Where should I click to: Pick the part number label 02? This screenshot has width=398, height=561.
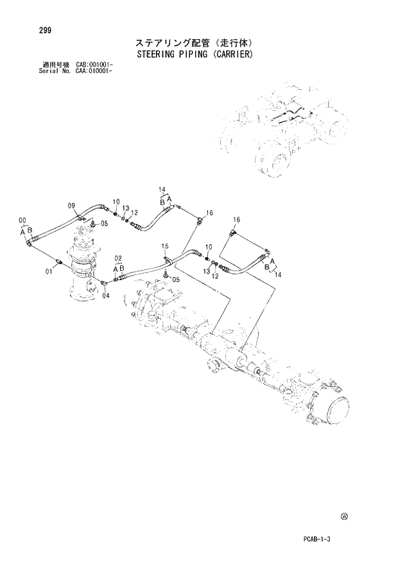118,258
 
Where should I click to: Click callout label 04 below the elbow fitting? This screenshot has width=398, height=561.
106,296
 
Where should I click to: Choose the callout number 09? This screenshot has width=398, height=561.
72,205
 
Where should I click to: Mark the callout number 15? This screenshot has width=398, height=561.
165,246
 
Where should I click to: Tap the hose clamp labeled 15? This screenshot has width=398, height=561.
168,260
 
